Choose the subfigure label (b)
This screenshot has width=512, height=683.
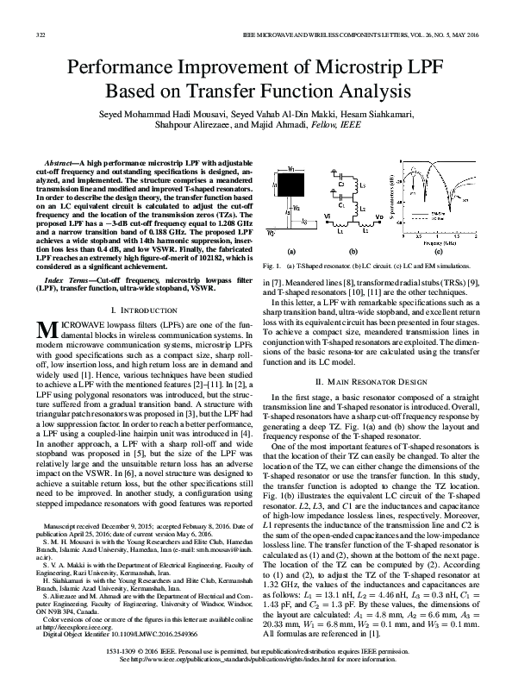(353, 251)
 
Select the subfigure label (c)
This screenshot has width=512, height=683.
(439, 251)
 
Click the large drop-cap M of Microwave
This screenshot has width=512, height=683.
(47, 328)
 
